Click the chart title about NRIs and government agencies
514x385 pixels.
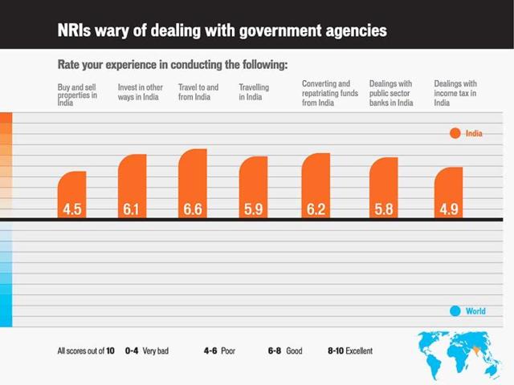222,30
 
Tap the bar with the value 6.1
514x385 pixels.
132,186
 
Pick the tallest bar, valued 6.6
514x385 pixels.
193,184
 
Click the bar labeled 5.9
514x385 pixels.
253,188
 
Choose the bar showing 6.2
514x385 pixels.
316,185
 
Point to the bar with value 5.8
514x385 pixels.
383,188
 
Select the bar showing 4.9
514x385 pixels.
448,192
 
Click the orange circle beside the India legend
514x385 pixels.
455,134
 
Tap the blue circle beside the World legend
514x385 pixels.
455,311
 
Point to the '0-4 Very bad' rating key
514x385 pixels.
150,351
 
